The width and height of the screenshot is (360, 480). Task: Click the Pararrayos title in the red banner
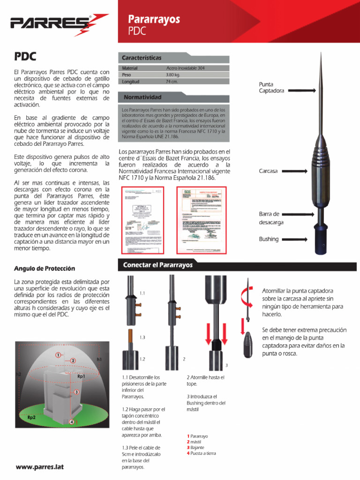[154, 19]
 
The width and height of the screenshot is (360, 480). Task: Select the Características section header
[142, 58]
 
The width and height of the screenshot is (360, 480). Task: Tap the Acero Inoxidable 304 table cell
[185, 68]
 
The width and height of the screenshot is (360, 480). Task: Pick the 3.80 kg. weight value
[173, 75]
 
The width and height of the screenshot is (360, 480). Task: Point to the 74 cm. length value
[172, 82]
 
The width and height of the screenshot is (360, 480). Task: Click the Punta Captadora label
[271, 88]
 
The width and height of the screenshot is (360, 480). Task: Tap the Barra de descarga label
[270, 218]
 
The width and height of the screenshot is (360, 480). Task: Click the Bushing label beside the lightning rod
[269, 239]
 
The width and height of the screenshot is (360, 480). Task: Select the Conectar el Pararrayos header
[157, 265]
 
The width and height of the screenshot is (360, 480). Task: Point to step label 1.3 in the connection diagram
[142, 337]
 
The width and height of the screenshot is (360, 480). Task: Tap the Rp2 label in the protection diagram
[32, 417]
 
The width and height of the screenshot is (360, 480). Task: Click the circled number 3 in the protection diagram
[76, 391]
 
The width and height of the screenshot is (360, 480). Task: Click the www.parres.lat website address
[39, 467]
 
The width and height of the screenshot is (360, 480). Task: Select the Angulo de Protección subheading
[45, 269]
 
